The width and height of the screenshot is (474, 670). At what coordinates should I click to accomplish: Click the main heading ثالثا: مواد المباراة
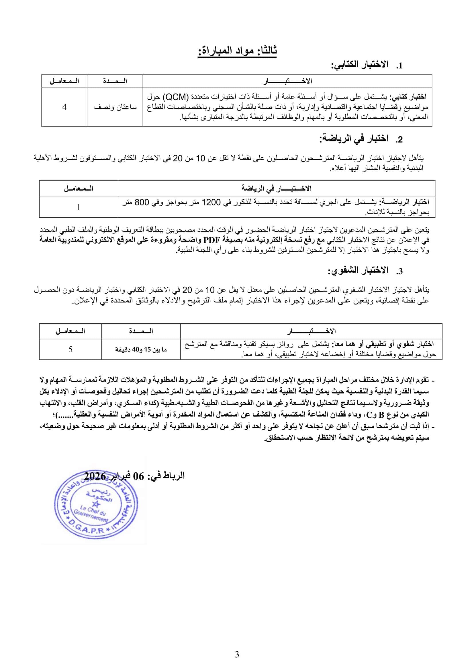(x=237, y=50)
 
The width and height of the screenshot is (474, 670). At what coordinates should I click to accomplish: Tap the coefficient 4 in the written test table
(x=64, y=107)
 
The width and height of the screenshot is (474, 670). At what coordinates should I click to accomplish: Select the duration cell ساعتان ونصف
(x=115, y=107)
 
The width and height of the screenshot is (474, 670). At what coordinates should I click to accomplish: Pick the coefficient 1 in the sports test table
(x=78, y=207)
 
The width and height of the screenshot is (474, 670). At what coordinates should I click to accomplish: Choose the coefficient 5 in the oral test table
(x=70, y=349)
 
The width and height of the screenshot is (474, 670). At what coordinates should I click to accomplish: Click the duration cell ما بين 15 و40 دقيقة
(x=141, y=349)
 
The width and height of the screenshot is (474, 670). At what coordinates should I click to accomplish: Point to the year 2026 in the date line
(x=95, y=476)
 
